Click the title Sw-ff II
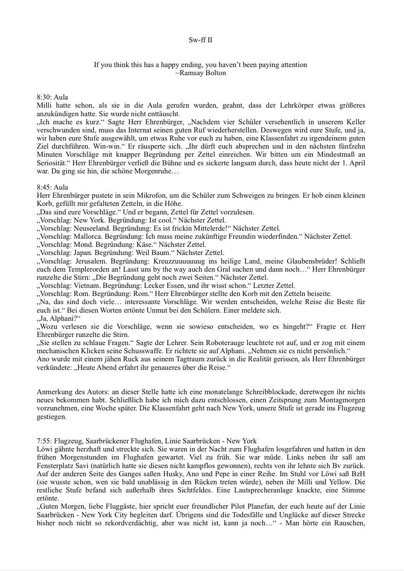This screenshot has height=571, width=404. tap(200, 40)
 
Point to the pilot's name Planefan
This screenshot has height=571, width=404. tap(258, 507)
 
